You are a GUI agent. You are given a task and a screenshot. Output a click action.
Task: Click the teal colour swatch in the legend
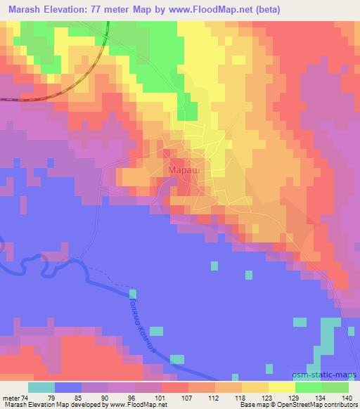(41, 388)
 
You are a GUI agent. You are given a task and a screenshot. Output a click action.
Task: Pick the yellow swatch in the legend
(282, 388)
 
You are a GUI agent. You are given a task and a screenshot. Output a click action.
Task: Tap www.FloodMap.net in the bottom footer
(136, 405)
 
